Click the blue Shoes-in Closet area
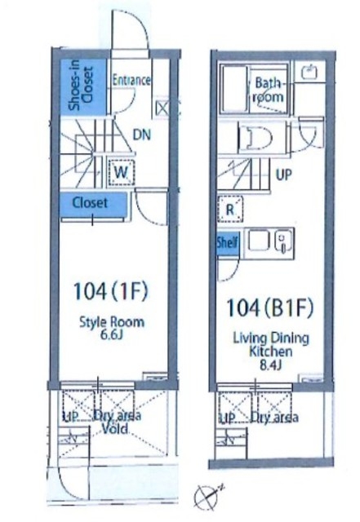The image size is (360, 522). [x=83, y=87]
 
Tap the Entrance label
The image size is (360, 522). [x=131, y=80]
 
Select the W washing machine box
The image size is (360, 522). [x=121, y=172]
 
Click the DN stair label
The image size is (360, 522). [x=142, y=135]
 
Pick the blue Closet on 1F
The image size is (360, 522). [x=93, y=205]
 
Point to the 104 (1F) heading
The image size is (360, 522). [x=110, y=291]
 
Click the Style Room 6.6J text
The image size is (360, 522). [x=112, y=329]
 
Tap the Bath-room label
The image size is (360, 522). [x=270, y=90]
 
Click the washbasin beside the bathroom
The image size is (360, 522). [x=309, y=71]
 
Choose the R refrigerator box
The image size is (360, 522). [x=230, y=210]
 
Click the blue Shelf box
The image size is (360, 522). [x=228, y=242]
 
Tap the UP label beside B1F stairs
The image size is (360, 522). [x=283, y=174]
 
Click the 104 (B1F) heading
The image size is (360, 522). [x=269, y=307]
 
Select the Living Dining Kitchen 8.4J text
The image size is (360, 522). [x=271, y=352]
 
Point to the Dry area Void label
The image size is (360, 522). [x=117, y=422]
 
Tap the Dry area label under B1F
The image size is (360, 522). [x=274, y=417]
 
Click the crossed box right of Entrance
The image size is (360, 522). [x=162, y=108]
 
